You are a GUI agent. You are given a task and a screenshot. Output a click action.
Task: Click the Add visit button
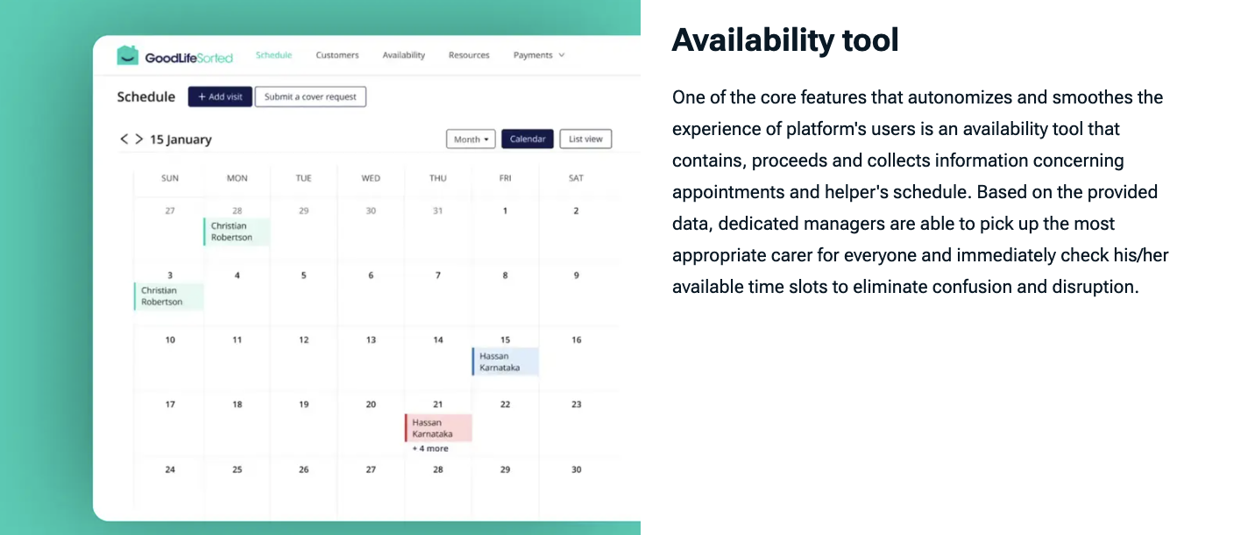coord(220,96)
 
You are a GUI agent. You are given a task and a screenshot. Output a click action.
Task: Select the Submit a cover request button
coord(310,96)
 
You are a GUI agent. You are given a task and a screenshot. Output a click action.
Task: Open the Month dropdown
coord(471,139)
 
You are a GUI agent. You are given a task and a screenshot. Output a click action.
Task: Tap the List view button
coord(585,139)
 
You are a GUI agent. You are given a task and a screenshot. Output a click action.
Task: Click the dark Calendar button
coord(528,139)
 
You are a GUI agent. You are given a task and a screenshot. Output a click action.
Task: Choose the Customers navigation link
coord(337,55)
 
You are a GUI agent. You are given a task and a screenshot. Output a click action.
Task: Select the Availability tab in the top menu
coord(404,55)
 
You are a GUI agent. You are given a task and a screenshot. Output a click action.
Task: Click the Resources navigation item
coord(469,55)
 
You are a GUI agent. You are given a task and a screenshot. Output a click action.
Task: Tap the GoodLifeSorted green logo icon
coord(128,55)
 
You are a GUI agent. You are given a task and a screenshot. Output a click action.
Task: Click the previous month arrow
coord(124,139)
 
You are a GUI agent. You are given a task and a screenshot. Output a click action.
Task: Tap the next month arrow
coord(139,139)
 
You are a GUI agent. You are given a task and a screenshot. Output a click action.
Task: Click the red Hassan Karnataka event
coord(439,428)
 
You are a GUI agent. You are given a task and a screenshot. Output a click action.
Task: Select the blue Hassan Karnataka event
coord(506,361)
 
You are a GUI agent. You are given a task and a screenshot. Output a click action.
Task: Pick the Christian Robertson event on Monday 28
coord(237,232)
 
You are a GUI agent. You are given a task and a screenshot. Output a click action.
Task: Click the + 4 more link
coord(430,449)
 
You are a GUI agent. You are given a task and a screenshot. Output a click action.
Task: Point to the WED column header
coord(371,178)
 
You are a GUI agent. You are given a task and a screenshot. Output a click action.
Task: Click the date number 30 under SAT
coord(577,470)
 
